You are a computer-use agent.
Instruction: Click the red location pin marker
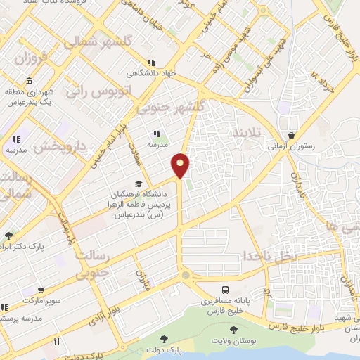coord(181,165)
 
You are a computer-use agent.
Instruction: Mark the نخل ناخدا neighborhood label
coord(271,255)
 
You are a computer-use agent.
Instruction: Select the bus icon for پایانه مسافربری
coord(225,290)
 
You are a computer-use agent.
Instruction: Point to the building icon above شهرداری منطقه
coord(28,81)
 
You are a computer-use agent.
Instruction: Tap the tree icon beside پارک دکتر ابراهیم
coord(8,236)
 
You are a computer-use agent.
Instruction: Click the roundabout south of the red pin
coord(185,276)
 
